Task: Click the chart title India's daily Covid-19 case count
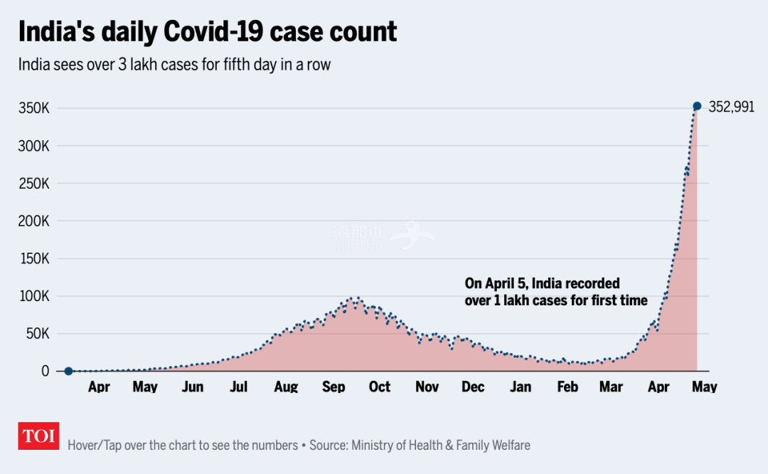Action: point(207,32)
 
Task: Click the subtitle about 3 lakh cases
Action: point(175,64)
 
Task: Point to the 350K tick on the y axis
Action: point(33,109)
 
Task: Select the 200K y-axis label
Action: point(33,221)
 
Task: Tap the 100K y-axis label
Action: point(33,296)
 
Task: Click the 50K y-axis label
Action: point(36,334)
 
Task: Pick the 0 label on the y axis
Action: point(45,371)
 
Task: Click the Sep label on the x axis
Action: point(334,387)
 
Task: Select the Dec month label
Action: point(473,387)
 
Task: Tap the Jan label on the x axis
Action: point(521,387)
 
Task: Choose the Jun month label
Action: point(193,387)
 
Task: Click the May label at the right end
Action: point(705,387)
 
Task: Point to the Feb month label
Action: point(567,387)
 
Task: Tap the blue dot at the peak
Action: point(697,106)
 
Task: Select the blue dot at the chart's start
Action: point(68,371)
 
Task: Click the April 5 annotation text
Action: point(556,292)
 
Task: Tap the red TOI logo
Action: point(38,436)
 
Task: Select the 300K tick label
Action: point(33,147)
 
